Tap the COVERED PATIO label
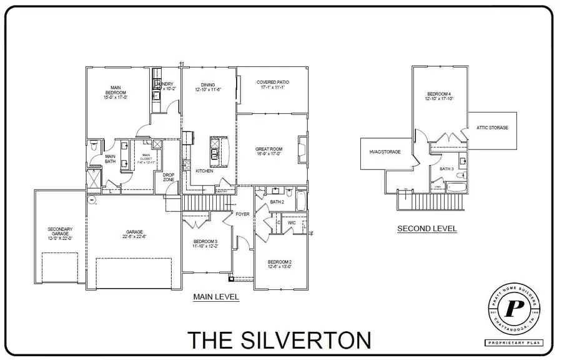273,82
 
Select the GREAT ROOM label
270,149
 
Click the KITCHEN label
205,171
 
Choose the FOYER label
242,214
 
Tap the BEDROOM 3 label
205,242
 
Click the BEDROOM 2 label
280,262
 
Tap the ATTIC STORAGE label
492,127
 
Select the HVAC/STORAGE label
384,151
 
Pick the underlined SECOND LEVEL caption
427,229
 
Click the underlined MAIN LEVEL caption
216,297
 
